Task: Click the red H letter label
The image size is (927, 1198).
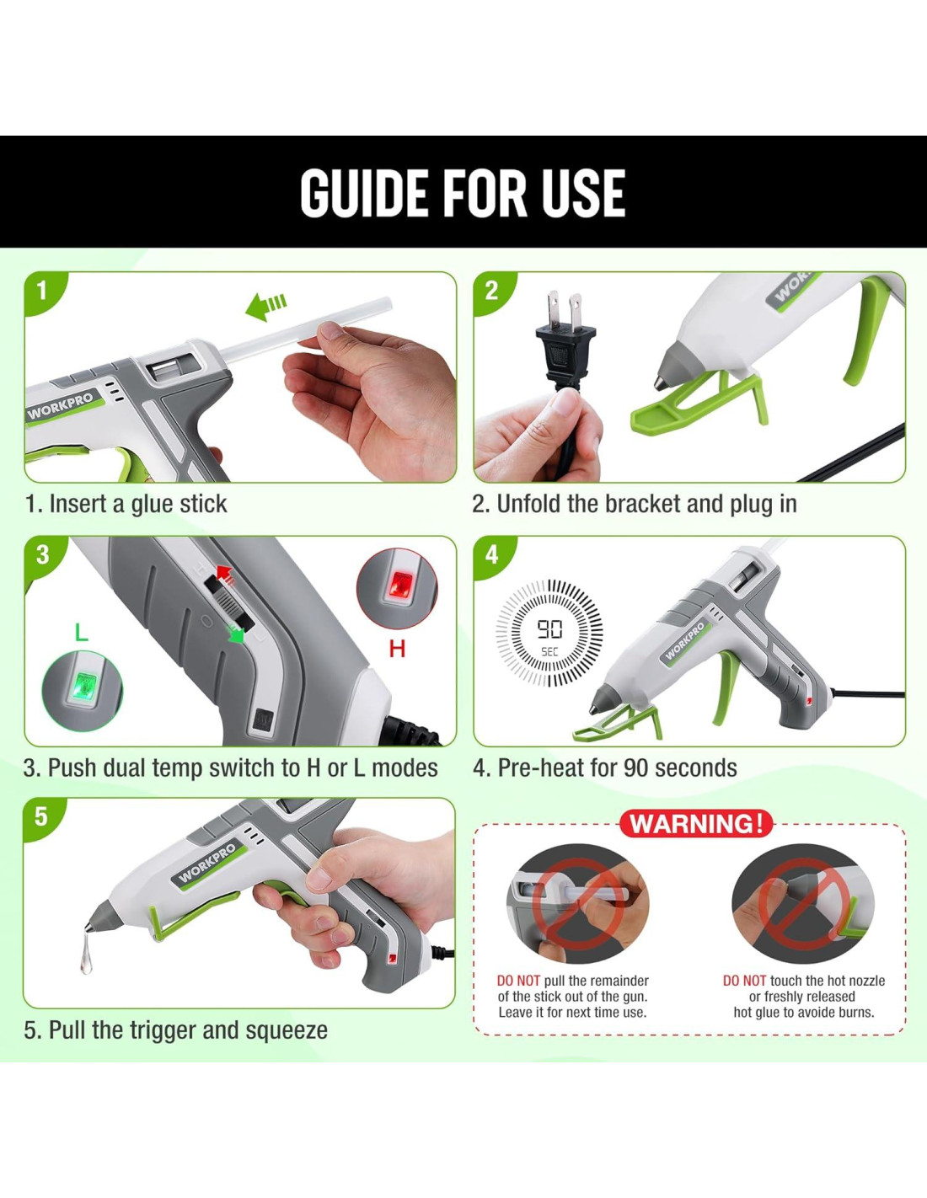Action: tap(397, 649)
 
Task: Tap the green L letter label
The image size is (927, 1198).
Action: tap(81, 633)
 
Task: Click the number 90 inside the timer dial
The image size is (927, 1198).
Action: tap(549, 628)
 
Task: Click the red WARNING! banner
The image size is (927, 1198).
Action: tap(696, 824)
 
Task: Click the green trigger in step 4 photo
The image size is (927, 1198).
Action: tap(726, 688)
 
